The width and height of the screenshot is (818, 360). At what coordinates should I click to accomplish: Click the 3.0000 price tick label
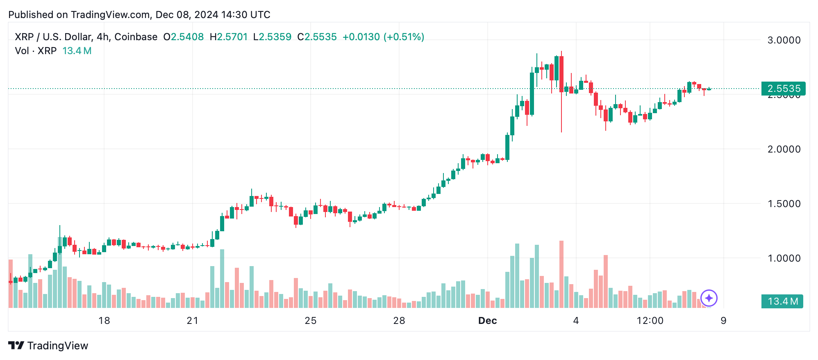[x=784, y=40]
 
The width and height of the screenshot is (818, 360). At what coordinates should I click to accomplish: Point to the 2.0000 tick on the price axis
[x=784, y=149]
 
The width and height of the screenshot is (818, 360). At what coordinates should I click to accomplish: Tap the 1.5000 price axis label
[x=784, y=204]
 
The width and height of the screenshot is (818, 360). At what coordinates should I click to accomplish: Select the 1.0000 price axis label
[x=784, y=258]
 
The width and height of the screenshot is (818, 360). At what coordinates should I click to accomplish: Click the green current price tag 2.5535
[x=783, y=89]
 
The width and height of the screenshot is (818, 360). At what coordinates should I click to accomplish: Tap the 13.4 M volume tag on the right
[x=782, y=301]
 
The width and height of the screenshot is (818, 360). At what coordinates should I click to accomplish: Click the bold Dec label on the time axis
[x=487, y=321]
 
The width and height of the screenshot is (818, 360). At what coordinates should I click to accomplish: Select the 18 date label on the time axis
[x=104, y=321]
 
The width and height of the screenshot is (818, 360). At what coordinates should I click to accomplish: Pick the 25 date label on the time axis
[x=310, y=321]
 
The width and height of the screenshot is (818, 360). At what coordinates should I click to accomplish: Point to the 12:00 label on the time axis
[x=650, y=321]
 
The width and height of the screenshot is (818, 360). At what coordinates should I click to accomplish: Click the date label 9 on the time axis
[x=723, y=321]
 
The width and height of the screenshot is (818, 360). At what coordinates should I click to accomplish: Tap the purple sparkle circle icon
[x=709, y=298]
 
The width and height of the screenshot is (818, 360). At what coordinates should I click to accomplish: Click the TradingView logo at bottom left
[x=48, y=346]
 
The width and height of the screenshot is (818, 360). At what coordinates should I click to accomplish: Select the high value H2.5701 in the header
[x=229, y=37]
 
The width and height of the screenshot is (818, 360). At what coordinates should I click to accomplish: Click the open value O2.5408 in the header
[x=183, y=37]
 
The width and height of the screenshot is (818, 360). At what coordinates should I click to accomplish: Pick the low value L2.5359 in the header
[x=272, y=37]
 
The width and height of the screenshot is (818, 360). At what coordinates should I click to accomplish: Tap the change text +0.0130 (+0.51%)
[x=383, y=37]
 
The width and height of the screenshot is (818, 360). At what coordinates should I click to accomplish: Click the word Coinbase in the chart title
[x=136, y=37]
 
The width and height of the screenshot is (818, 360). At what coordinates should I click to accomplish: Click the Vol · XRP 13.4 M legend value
[x=77, y=51]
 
